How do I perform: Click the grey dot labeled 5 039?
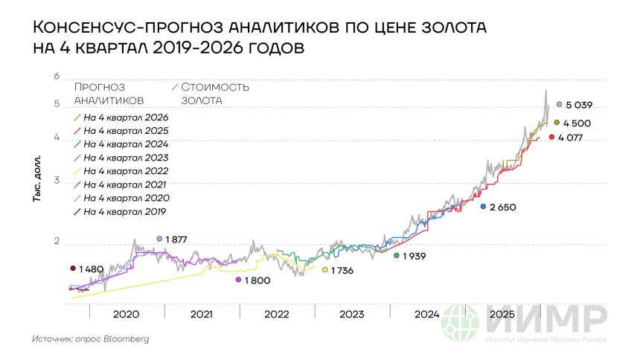(x=559, y=105)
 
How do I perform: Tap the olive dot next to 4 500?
(x=557, y=122)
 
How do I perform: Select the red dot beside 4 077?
(x=551, y=137)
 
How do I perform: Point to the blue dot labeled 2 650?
(x=483, y=206)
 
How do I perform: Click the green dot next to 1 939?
(x=397, y=255)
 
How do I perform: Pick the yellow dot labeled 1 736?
(x=325, y=270)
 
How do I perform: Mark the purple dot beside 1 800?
(x=238, y=280)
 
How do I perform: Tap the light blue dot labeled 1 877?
(x=159, y=239)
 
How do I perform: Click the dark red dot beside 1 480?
(x=72, y=269)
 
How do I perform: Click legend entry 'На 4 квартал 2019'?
(x=125, y=212)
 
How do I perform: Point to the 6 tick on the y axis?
(x=56, y=77)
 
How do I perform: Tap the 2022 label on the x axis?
(x=276, y=314)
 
